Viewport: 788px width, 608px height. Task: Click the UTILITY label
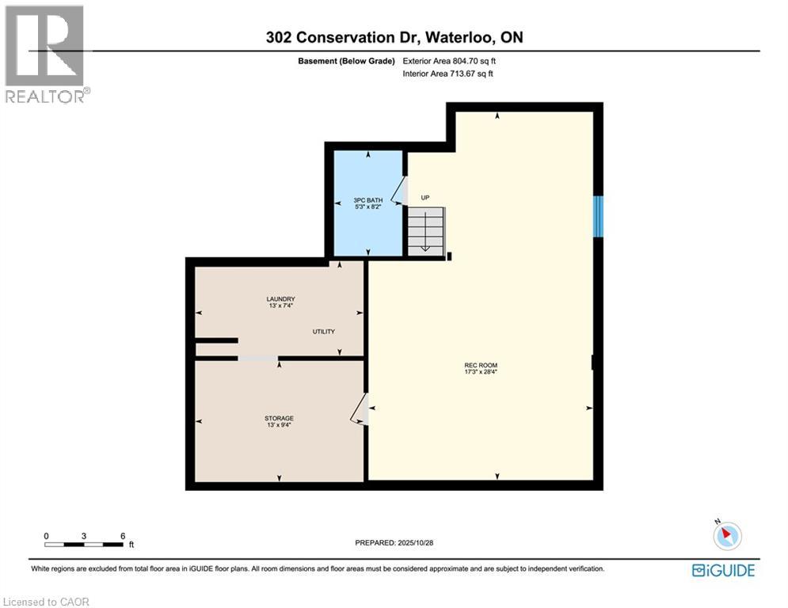[x=323, y=332]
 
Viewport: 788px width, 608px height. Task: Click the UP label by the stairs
[x=424, y=198]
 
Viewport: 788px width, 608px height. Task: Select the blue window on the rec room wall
[x=599, y=216]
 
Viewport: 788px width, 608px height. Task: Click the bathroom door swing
[x=401, y=190]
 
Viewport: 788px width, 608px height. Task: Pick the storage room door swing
[x=359, y=409]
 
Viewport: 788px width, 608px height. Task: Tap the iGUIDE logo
[x=723, y=570]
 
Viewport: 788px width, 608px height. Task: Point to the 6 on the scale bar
[x=123, y=536]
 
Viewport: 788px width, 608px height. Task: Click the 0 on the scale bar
[x=47, y=536]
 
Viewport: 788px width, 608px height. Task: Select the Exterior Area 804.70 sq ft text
[x=450, y=60]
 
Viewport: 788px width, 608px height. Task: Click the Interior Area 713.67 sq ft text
[x=448, y=74]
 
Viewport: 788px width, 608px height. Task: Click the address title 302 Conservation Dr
[x=394, y=37]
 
